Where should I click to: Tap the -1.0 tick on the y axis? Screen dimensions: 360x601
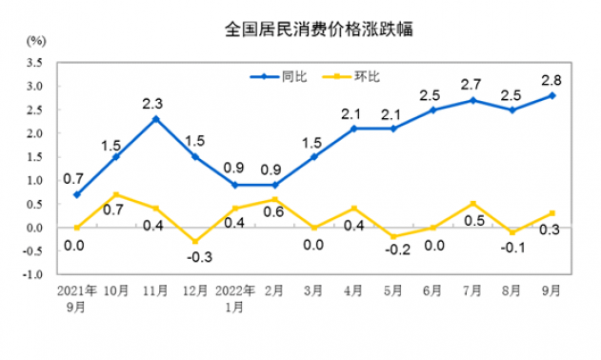[x=33, y=275]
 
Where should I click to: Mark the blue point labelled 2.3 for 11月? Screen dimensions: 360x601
[x=155, y=119]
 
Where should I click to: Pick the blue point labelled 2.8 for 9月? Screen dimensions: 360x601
[x=552, y=95]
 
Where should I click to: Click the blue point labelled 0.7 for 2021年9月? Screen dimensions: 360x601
[x=76, y=194]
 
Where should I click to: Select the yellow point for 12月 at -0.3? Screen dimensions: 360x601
[x=195, y=242]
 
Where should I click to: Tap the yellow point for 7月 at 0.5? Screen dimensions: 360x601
[x=473, y=204]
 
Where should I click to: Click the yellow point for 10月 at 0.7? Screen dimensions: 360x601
[x=116, y=194]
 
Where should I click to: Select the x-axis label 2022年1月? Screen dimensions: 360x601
[x=234, y=298]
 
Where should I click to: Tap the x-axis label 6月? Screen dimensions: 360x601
[x=433, y=291]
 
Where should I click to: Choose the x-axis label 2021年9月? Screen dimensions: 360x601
[x=75, y=298]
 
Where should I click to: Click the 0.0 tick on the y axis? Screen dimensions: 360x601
[x=35, y=228]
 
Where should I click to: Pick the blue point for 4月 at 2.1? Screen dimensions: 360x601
[x=353, y=129]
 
